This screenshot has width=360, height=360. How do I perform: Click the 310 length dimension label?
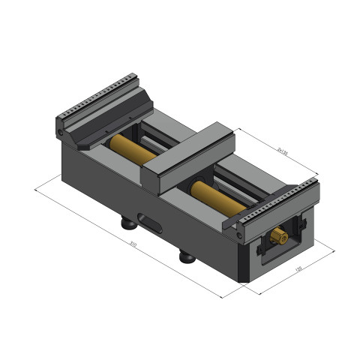click(x=133, y=244)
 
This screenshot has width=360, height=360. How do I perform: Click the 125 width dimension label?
click(x=298, y=268)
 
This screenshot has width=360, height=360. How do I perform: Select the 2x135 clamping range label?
click(x=282, y=150)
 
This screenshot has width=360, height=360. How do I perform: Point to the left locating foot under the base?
click(x=129, y=223)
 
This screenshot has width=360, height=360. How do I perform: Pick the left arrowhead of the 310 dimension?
click(x=36, y=190)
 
